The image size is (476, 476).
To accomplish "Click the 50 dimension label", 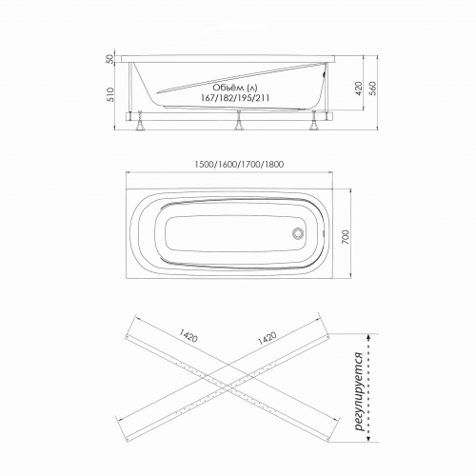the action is click(109, 59).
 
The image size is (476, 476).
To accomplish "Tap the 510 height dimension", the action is click(110, 94).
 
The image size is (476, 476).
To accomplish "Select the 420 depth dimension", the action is click(359, 89).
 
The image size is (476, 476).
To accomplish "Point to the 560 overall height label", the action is click(373, 89).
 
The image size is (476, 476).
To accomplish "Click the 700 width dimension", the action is click(346, 237).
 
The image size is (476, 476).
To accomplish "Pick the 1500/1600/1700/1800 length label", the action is click(239, 165).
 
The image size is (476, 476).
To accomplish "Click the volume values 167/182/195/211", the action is click(235, 98).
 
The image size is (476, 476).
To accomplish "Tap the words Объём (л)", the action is click(235, 88).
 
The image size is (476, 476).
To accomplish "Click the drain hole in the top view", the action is click(298, 234).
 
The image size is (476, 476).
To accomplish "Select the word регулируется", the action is click(359, 391).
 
